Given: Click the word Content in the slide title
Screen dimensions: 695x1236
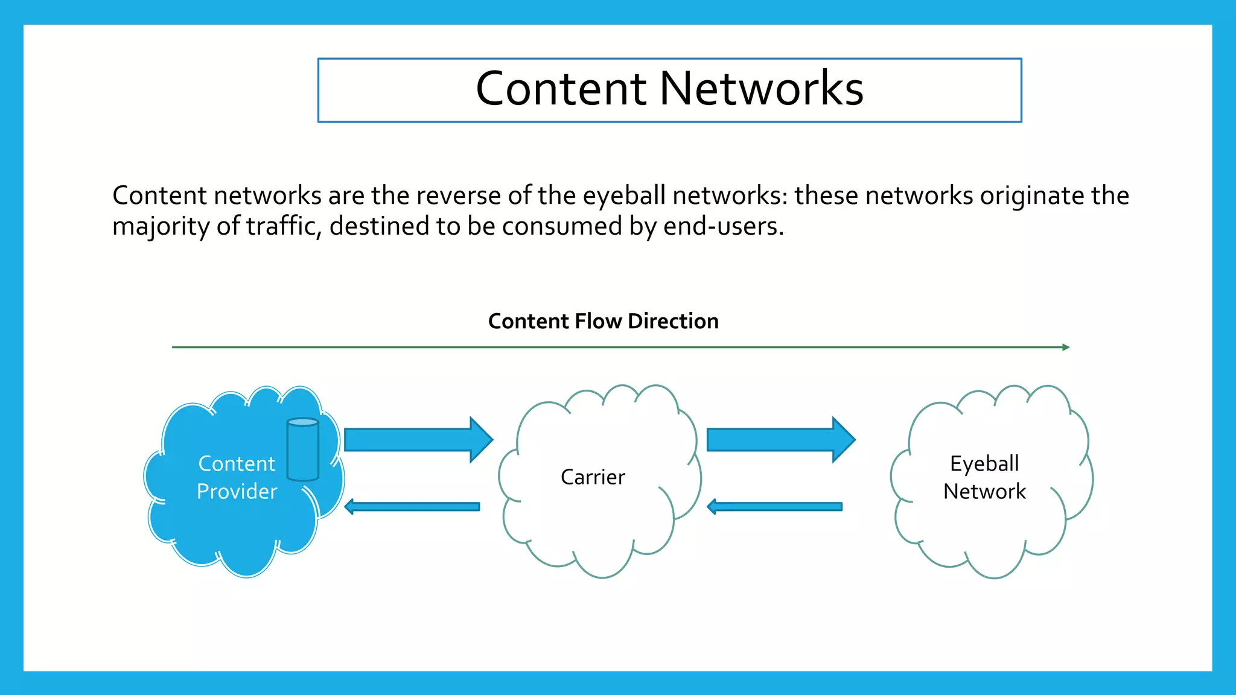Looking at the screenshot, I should pos(561,89).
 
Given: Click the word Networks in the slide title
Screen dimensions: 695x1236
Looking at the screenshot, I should pos(762,89).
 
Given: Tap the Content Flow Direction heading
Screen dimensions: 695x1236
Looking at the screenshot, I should pos(603,321).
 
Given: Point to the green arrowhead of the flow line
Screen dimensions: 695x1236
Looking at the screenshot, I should pos(1066,347).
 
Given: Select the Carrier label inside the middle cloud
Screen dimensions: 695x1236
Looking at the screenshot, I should pos(593,477).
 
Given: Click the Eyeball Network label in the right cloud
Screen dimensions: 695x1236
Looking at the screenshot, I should pos(984,477).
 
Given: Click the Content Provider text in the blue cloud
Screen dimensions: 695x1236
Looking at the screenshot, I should pos(237,477).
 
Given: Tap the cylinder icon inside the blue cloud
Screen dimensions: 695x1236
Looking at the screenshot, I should pos(303,449).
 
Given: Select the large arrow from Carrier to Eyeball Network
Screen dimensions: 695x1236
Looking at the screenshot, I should pos(780,440).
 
